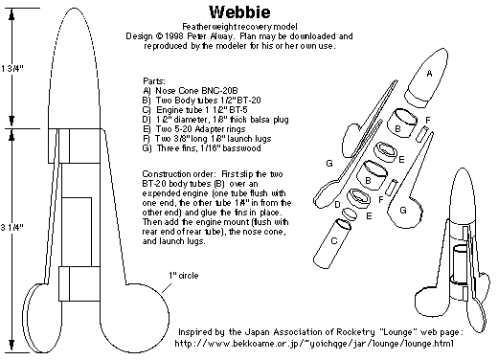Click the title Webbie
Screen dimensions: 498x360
239,12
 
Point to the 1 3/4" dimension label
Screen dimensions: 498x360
12,68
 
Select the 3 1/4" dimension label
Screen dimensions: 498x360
12,227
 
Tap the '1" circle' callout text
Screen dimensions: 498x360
184,275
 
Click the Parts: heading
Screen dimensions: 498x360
154,81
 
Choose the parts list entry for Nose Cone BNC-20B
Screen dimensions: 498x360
191,91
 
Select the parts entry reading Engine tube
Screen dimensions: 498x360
195,110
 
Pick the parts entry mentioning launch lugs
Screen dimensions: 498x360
207,139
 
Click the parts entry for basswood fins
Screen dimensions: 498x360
202,148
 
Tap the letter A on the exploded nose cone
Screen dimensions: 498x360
429,74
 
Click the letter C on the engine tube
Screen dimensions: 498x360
334,240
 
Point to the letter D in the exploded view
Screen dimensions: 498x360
337,204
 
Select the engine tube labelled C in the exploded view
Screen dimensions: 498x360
332,243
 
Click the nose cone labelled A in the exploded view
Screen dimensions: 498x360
426,78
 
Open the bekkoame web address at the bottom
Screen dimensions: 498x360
314,344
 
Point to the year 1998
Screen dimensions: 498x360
173,36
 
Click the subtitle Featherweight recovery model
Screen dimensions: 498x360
239,27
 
